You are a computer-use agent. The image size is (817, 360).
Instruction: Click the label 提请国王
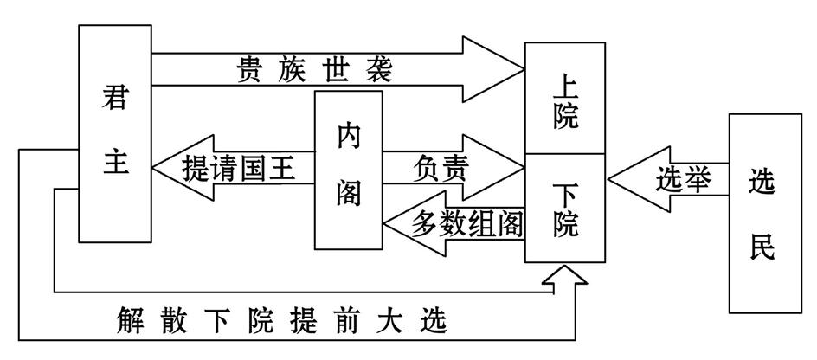(x=239, y=167)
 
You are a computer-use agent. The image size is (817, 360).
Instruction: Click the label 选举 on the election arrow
(x=682, y=180)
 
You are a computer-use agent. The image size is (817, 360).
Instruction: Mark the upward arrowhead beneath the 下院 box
(x=564, y=275)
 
